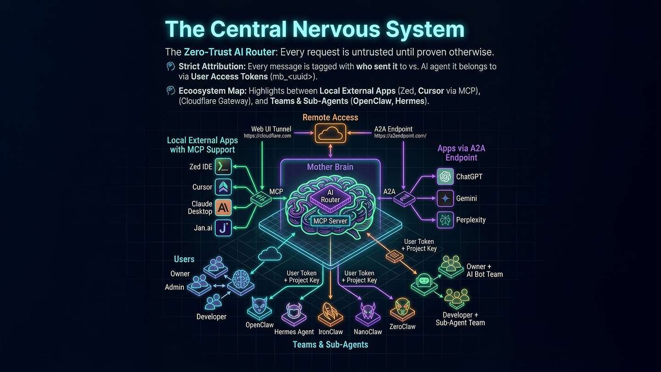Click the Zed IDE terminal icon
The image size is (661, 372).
223,167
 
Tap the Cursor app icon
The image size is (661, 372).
223,187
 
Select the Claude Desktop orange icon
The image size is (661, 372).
223,208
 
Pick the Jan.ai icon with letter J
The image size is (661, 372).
223,228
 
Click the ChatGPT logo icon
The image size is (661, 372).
445,176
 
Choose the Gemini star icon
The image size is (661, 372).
445,198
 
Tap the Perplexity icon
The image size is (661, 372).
445,220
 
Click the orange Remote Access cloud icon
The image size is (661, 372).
330,133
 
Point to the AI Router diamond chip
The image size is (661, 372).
330,197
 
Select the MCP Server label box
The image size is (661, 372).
330,221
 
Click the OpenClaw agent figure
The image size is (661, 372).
259,308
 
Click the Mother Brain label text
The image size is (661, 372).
330,167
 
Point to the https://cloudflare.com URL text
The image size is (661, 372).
267,136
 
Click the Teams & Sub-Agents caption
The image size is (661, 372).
330,344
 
